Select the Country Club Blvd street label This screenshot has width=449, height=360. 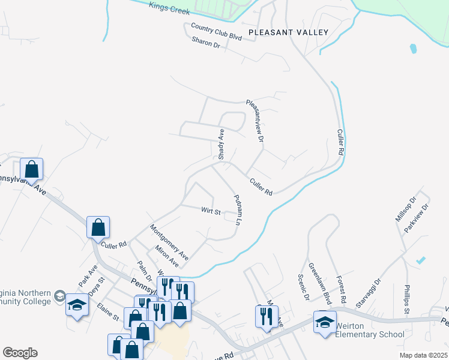[x=216, y=32]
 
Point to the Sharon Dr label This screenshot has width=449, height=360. [x=206, y=42]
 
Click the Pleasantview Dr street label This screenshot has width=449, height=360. [x=256, y=121]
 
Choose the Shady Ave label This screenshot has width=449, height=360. [x=221, y=144]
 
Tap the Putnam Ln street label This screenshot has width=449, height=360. [x=237, y=209]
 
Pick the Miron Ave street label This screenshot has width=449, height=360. [x=166, y=256]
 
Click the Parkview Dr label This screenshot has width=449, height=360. [x=417, y=218]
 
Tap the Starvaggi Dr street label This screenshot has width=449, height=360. [x=369, y=293]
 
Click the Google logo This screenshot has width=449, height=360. [x=20, y=353]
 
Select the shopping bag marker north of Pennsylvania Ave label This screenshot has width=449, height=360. [x=32, y=169]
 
